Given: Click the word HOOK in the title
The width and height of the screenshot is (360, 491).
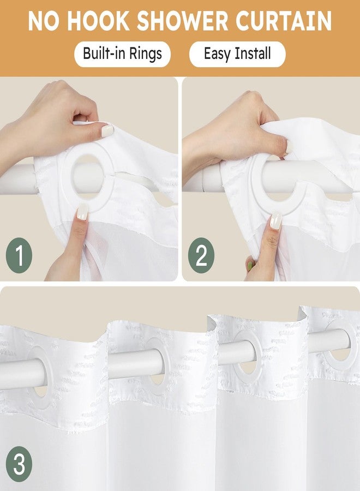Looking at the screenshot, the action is click(x=98, y=21).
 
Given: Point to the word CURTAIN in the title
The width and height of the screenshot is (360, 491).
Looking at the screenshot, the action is click(x=284, y=21).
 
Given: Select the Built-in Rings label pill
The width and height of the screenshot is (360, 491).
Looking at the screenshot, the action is click(x=122, y=54).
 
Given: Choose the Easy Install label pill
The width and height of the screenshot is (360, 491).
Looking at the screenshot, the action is click(x=237, y=54).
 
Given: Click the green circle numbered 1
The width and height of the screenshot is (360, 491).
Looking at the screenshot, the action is click(x=19, y=255).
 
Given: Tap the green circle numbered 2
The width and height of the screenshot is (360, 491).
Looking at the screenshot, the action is click(x=201, y=255).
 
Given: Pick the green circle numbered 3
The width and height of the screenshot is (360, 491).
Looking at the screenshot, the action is click(x=19, y=464).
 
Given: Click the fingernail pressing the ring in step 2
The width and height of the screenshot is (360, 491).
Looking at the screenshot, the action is click(x=276, y=220).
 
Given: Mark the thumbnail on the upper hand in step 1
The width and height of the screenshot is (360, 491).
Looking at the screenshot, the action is click(x=107, y=130).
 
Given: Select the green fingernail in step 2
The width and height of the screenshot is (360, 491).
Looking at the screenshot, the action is click(x=250, y=266).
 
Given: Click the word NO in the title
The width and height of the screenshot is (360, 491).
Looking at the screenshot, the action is click(x=44, y=21).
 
